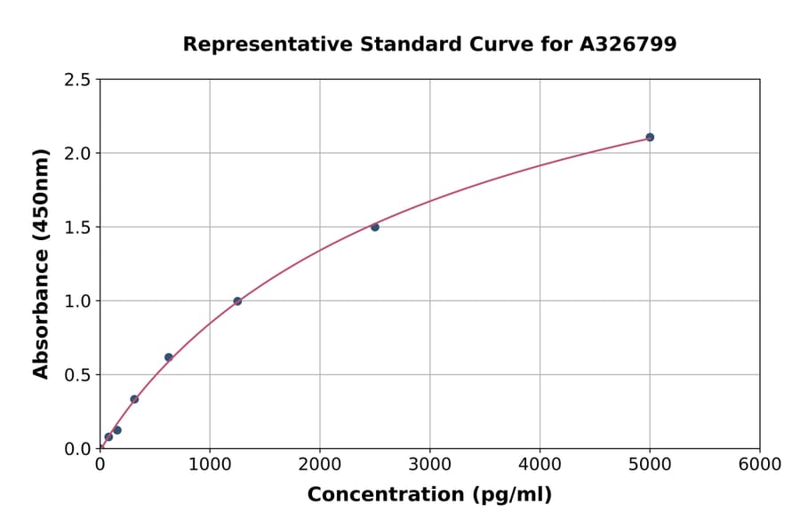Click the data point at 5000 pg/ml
(650, 137)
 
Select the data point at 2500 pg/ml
(375, 228)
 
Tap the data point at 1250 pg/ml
(237, 301)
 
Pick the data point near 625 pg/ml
(169, 357)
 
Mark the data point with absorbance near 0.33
(134, 399)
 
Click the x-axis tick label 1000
(210, 465)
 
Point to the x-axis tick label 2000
(320, 465)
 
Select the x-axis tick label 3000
(430, 465)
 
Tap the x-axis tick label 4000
(540, 465)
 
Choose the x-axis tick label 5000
(650, 465)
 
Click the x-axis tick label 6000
(760, 465)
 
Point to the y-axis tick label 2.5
(77, 80)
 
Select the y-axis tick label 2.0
(77, 154)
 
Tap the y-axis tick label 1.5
(77, 228)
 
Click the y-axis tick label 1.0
(77, 301)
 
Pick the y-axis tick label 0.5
(77, 375)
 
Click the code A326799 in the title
(628, 44)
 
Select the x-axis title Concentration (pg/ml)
(429, 495)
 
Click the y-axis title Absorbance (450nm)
(41, 263)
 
